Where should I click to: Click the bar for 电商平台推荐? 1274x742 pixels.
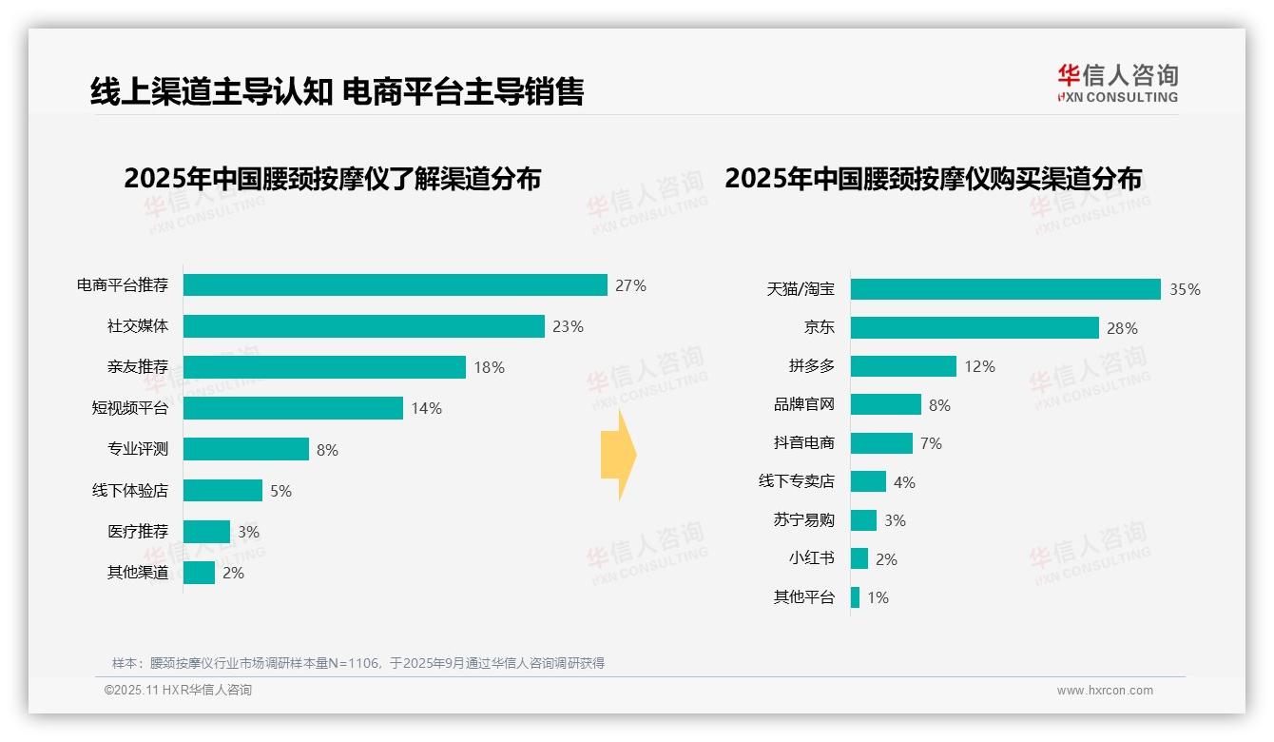[395, 285]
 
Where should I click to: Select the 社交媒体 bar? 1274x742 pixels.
[363, 326]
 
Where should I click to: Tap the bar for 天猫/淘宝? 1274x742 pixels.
[1005, 289]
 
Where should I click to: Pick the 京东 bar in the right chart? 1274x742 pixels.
[975, 328]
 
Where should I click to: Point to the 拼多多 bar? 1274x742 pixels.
[903, 366]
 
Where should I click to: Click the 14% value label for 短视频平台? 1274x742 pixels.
[426, 408]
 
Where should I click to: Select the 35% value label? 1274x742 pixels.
[1185, 289]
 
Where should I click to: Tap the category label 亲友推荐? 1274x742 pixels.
[137, 367]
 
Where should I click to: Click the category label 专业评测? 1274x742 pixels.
[137, 449]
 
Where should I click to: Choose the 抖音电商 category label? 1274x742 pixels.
[803, 443]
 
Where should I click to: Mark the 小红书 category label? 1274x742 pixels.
[811, 559]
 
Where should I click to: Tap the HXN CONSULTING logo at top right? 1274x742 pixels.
[1117, 83]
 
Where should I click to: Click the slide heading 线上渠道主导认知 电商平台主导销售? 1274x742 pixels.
[337, 91]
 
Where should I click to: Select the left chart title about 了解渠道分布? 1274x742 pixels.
[332, 179]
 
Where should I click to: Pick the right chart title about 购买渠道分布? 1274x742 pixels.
[933, 179]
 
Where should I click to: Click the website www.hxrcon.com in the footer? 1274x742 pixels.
[1104, 691]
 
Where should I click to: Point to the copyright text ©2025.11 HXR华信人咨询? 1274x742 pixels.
[178, 691]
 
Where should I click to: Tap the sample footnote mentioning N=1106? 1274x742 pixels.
[358, 663]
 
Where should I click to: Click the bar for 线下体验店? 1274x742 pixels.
[222, 491]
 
